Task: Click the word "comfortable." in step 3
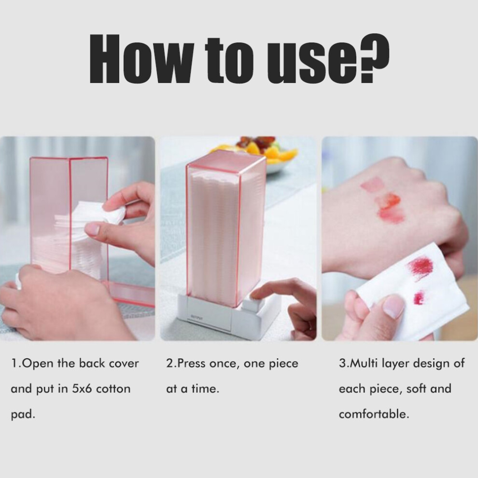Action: tap(374, 414)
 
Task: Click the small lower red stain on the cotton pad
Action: tap(419, 298)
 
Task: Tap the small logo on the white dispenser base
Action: tap(197, 318)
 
